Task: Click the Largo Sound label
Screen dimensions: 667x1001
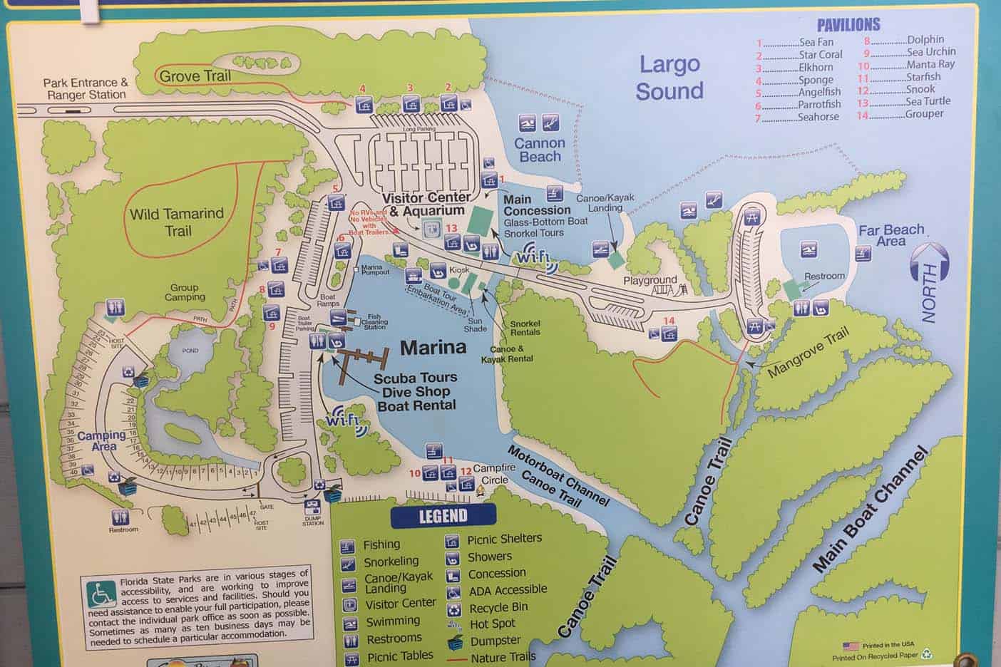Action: click(x=669, y=77)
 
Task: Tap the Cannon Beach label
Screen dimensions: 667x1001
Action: click(x=540, y=150)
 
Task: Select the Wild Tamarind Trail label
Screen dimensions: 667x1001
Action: click(x=177, y=222)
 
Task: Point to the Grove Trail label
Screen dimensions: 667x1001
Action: click(x=195, y=76)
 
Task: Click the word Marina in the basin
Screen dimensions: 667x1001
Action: click(x=433, y=347)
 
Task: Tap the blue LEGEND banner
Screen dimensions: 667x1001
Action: click(x=443, y=515)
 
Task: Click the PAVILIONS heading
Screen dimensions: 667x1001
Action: click(x=848, y=25)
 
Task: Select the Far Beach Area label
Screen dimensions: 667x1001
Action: click(x=891, y=235)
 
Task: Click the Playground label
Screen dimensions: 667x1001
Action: click(x=650, y=280)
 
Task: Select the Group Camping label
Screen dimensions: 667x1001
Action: click(x=185, y=292)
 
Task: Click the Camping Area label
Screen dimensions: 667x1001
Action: click(x=102, y=440)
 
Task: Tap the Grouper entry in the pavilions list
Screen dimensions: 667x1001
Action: click(x=924, y=113)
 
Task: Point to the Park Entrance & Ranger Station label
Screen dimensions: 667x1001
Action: click(x=86, y=88)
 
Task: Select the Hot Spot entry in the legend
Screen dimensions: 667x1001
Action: click(x=492, y=624)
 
